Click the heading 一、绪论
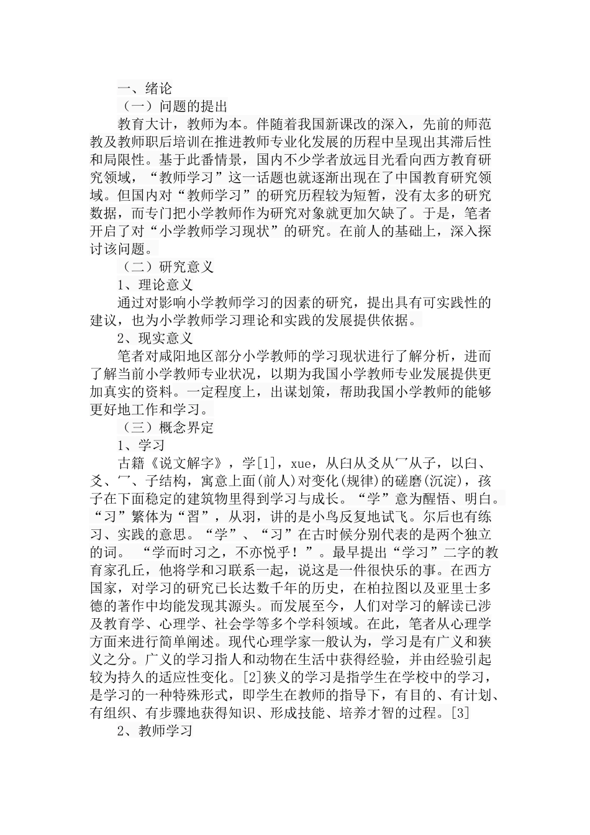[145, 88]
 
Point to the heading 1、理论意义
[155, 285]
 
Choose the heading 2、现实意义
[155, 339]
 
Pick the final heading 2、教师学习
[155, 731]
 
